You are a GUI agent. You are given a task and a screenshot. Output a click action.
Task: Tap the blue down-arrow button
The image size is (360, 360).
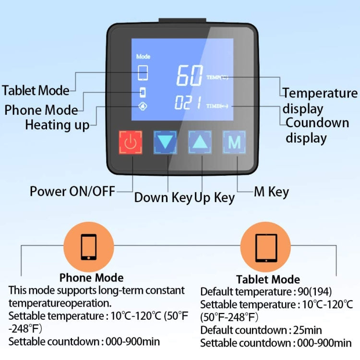click(x=165, y=142)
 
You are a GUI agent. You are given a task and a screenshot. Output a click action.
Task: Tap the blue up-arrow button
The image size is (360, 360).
click(x=200, y=142)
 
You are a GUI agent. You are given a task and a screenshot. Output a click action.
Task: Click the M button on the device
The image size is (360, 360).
click(x=234, y=142)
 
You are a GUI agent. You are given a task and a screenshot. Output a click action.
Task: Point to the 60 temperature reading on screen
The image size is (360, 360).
click(x=189, y=75)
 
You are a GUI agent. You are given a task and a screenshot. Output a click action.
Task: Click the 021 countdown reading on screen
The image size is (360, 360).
click(x=188, y=103)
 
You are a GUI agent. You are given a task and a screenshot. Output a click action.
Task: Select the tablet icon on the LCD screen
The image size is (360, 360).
click(x=143, y=73)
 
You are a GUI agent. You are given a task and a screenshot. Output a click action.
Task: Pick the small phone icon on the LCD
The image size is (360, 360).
click(x=143, y=92)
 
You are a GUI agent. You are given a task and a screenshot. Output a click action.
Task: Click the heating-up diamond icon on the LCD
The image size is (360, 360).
click(x=143, y=106)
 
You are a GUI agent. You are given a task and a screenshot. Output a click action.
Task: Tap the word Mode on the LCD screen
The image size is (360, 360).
click(x=143, y=56)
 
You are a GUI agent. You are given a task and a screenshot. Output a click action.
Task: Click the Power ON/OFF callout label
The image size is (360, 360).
click(x=72, y=192)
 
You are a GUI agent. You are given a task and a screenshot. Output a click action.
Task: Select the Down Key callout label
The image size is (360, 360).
click(x=163, y=197)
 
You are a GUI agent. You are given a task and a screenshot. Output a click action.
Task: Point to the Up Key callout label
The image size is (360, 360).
click(x=215, y=197)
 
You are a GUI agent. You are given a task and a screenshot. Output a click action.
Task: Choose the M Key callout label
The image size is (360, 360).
click(x=271, y=192)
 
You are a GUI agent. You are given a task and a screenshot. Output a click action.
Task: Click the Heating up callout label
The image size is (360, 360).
click(x=57, y=125)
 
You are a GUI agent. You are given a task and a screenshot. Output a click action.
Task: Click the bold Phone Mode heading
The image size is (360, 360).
click(x=91, y=278)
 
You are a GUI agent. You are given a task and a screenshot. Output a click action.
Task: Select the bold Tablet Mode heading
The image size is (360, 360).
click(x=268, y=279)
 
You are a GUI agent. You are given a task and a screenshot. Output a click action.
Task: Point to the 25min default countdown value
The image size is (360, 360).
click(x=307, y=330)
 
